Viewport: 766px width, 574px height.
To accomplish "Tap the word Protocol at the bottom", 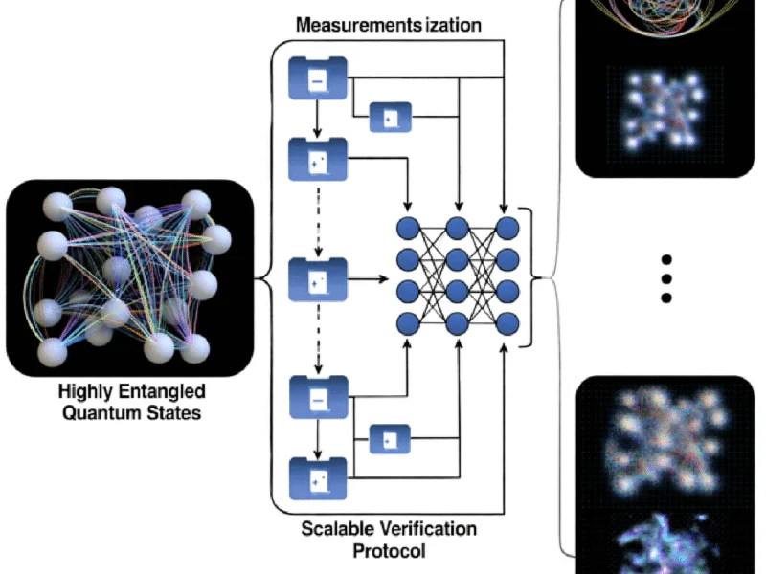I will pyautogui.click(x=389, y=551).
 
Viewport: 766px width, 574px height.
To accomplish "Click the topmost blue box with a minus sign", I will pyautogui.click(x=317, y=80).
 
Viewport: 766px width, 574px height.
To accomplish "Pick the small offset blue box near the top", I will pyautogui.click(x=390, y=118).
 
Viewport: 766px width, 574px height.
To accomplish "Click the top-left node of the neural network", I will pyautogui.click(x=409, y=227).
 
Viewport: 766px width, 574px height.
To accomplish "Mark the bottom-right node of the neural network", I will pyautogui.click(x=507, y=321).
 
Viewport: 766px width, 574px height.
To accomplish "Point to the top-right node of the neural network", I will pyautogui.click(x=507, y=227).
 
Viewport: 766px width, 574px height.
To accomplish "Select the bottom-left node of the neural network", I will pyautogui.click(x=409, y=321).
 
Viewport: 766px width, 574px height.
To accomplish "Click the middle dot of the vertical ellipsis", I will pyautogui.click(x=667, y=278).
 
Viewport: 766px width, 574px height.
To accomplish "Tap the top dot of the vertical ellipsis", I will pyautogui.click(x=667, y=260).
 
